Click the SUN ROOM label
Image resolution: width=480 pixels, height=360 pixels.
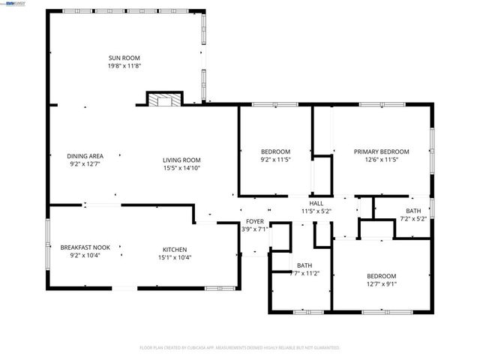click(124, 58)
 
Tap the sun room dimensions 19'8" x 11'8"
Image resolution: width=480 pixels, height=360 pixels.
click(124, 66)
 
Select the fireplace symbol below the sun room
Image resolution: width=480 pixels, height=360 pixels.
click(163, 100)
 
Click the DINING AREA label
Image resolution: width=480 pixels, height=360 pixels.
click(85, 155)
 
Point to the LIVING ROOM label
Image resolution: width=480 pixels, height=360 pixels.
click(182, 159)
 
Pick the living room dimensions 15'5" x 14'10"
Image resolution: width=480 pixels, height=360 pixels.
click(182, 167)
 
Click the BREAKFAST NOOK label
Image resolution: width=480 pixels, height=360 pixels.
click(85, 248)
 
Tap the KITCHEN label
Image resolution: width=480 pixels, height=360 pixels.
click(175, 250)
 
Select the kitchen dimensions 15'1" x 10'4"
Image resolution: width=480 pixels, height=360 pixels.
click(175, 258)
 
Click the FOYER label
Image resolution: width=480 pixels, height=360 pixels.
click(255, 221)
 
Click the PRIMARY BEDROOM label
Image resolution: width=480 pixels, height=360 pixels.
click(381, 151)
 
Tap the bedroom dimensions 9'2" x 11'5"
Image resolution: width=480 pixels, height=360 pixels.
click(275, 160)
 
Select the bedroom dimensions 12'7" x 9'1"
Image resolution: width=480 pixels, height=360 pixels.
click(381, 283)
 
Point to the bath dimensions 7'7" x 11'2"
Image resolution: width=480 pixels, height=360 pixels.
click(304, 274)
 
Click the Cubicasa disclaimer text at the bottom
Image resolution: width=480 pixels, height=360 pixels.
click(240, 348)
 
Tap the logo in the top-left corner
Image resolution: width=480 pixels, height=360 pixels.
click(11, 4)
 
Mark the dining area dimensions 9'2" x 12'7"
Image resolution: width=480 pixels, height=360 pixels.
click(85, 163)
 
